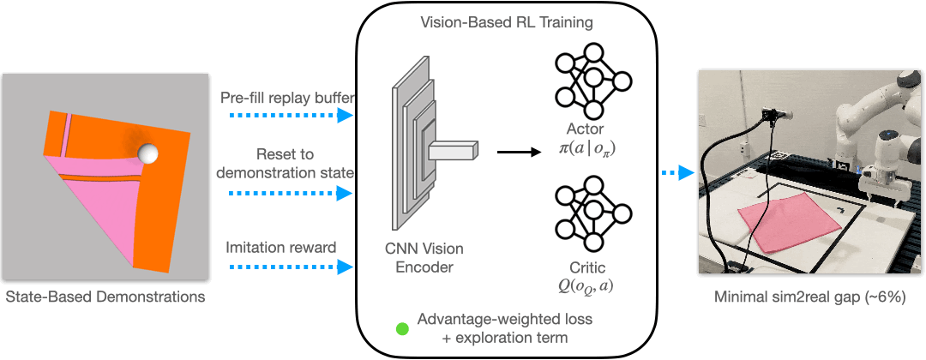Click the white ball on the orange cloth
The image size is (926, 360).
pos(149,154)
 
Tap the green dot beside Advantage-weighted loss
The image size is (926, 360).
pos(401,327)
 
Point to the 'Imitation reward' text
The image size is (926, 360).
pos(280,248)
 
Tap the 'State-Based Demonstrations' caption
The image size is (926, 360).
pos(105,298)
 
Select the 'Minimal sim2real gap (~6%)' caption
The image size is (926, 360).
pos(810,298)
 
